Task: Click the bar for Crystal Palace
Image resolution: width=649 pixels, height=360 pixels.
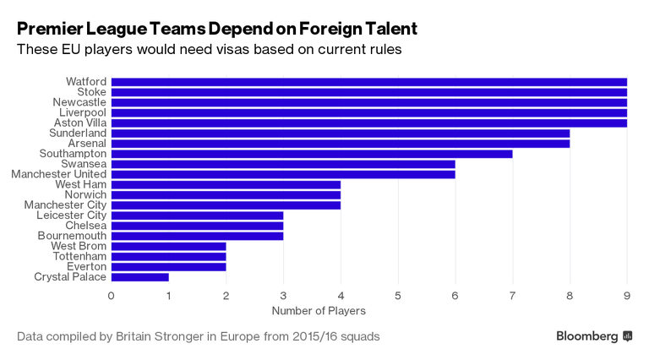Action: click(139, 276)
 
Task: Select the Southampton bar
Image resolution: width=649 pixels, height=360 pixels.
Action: click(311, 154)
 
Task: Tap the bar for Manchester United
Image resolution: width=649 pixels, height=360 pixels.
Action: click(282, 174)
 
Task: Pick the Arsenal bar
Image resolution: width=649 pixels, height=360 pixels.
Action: click(340, 144)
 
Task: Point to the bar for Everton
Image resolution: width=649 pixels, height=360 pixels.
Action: click(168, 266)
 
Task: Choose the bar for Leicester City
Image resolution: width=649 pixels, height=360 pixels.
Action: click(197, 215)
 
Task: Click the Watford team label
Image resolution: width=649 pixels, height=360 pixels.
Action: click(86, 82)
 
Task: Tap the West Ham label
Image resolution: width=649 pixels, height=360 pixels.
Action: click(81, 184)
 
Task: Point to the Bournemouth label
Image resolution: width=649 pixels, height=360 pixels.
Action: click(72, 236)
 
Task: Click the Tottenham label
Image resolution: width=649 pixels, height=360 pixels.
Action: click(79, 256)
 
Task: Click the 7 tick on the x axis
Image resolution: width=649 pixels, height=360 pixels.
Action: click(512, 296)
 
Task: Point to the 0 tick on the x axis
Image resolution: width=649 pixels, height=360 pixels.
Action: click(111, 296)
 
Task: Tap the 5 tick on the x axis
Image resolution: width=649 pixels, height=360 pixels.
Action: click(397, 296)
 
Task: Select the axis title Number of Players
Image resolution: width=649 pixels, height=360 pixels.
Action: click(311, 311)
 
